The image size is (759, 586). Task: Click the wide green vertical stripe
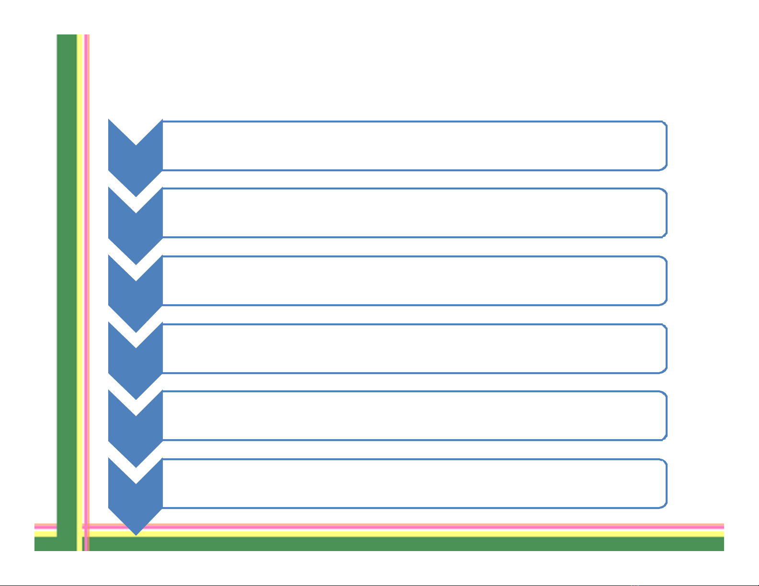click(67, 287)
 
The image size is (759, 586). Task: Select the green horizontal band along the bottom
click(383, 544)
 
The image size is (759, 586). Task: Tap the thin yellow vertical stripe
click(80, 287)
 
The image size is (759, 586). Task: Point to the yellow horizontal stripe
click(383, 533)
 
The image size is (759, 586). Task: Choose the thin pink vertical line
click(86, 287)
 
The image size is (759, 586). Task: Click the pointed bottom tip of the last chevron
click(136, 533)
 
